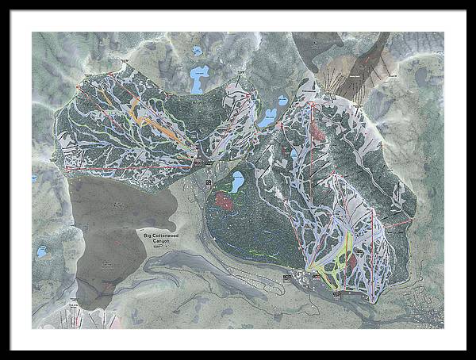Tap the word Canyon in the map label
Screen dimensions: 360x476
[x=155, y=243]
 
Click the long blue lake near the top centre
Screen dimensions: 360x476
[x=198, y=79]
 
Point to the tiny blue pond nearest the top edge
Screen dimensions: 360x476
[x=196, y=51]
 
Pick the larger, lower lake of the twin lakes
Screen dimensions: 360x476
[x=267, y=118]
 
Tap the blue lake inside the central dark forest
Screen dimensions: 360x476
[x=237, y=182]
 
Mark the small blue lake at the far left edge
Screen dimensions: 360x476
[x=40, y=251]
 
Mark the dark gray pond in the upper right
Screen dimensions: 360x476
[x=420, y=75]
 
